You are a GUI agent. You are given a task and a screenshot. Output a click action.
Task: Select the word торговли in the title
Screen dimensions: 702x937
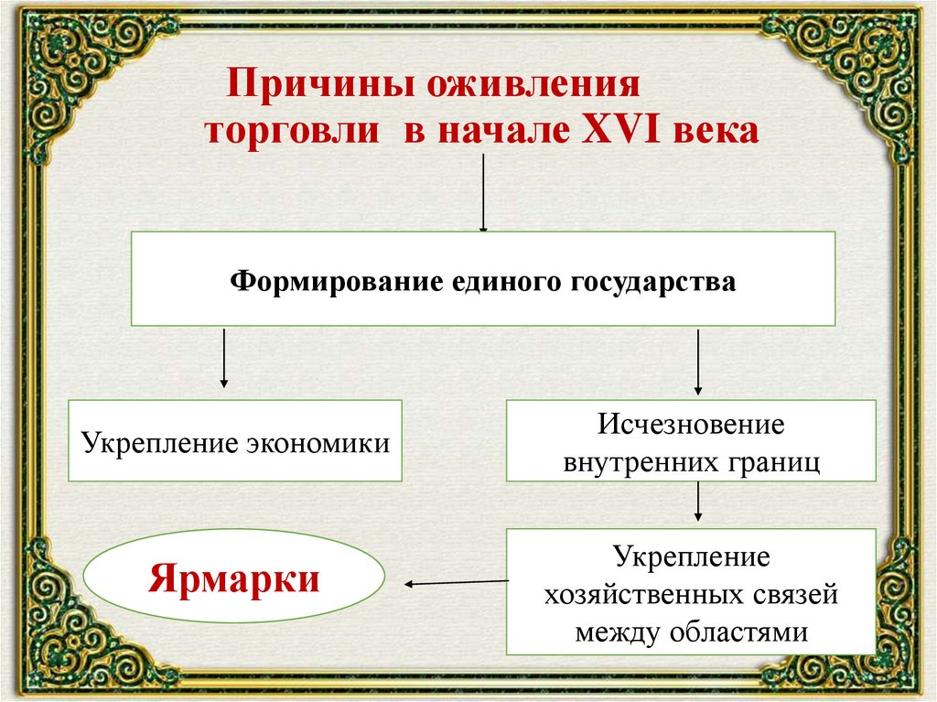click(291, 131)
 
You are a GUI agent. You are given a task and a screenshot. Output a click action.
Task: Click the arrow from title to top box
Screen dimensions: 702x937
click(483, 192)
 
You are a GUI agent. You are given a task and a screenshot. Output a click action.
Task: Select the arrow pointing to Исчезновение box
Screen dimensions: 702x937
click(698, 362)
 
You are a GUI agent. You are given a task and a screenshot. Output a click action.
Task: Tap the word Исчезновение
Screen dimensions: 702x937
click(692, 426)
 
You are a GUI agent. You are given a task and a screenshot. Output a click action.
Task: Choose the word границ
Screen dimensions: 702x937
click(776, 461)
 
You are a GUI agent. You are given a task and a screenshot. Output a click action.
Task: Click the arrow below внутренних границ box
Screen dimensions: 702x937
click(698, 502)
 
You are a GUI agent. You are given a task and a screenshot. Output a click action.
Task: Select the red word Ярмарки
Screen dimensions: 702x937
click(234, 579)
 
